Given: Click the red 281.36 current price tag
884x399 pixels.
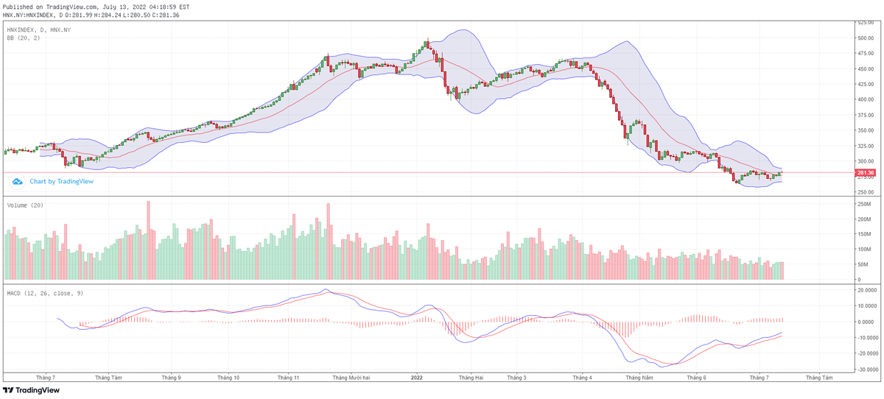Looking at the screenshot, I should [x=866, y=173].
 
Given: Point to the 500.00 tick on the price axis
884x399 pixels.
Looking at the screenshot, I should [x=865, y=38].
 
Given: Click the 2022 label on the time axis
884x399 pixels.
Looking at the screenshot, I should [x=416, y=377].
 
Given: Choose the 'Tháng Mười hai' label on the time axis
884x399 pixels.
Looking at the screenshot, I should [x=351, y=377].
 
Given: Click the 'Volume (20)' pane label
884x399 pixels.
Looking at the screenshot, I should [x=25, y=205].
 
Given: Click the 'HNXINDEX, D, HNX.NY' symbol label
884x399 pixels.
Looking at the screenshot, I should [x=39, y=29].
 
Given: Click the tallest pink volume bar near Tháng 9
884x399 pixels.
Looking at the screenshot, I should [x=148, y=240].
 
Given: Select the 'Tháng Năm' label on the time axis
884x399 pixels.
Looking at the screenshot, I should [x=639, y=377].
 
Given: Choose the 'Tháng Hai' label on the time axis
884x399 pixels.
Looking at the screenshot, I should [x=471, y=377].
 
